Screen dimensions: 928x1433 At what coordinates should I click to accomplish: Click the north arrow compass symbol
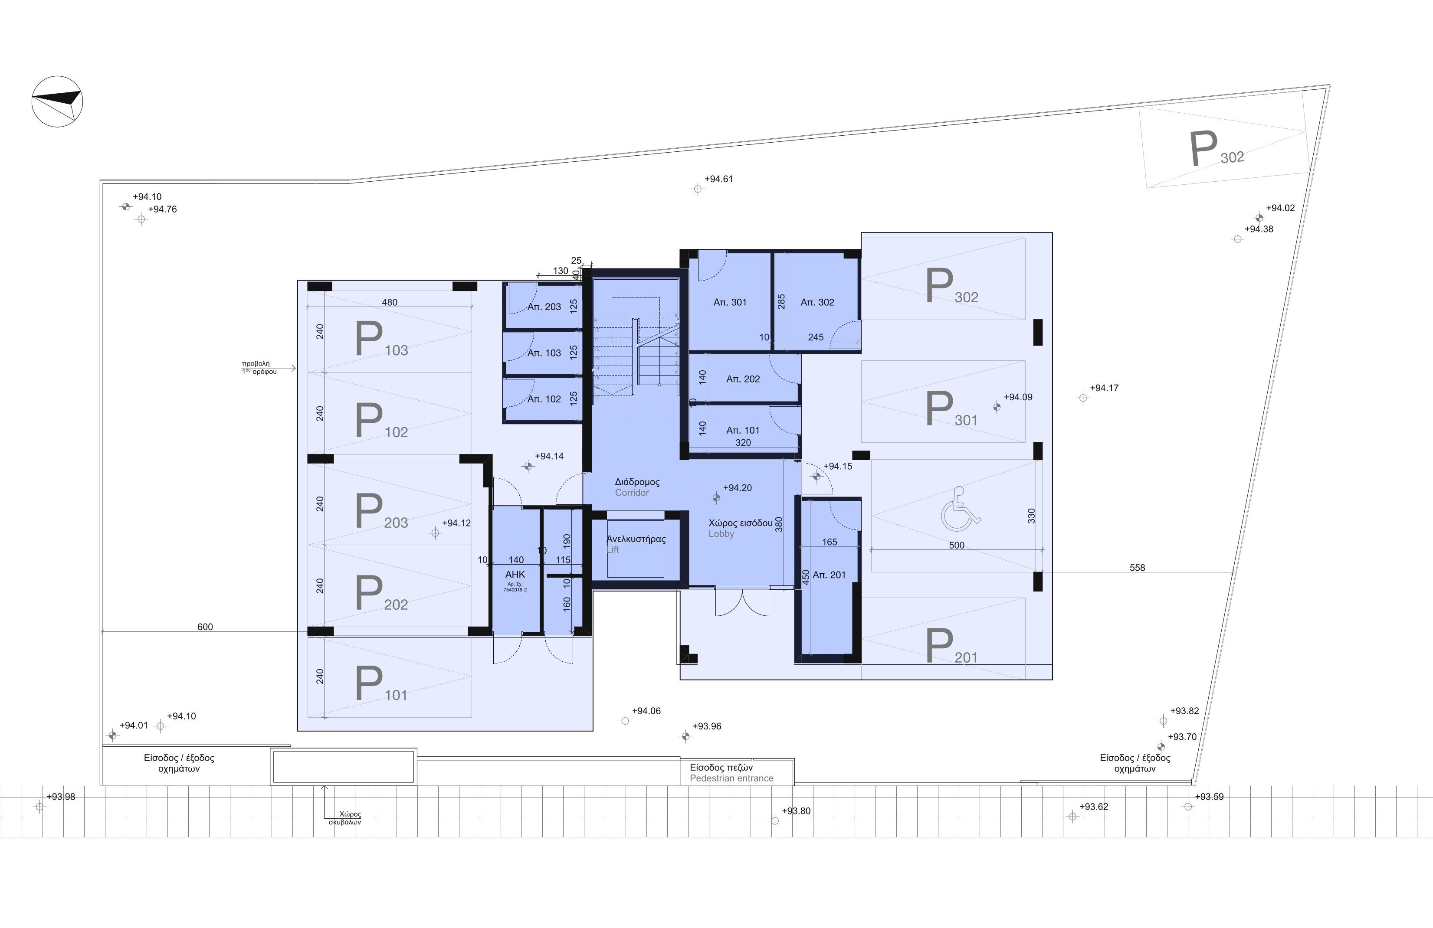pyautogui.click(x=57, y=101)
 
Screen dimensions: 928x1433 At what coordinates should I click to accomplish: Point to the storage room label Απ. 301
pyautogui.click(x=730, y=303)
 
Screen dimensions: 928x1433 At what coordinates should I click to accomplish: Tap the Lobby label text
pyautogui.click(x=721, y=534)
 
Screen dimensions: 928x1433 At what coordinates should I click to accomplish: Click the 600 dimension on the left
pyautogui.click(x=205, y=627)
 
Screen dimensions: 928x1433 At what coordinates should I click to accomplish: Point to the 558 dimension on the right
pyautogui.click(x=1137, y=568)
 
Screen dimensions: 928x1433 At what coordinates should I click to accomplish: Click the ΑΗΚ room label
pyautogui.click(x=515, y=575)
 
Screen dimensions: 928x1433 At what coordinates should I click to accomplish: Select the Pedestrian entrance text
pyautogui.click(x=731, y=778)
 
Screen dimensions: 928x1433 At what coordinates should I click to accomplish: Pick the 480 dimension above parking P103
pyautogui.click(x=390, y=302)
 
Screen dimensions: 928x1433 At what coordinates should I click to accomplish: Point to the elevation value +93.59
pyautogui.click(x=1209, y=797)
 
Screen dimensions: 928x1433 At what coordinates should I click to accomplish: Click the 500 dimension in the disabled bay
pyautogui.click(x=956, y=545)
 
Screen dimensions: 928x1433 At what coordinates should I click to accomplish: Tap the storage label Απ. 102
pyautogui.click(x=544, y=399)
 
